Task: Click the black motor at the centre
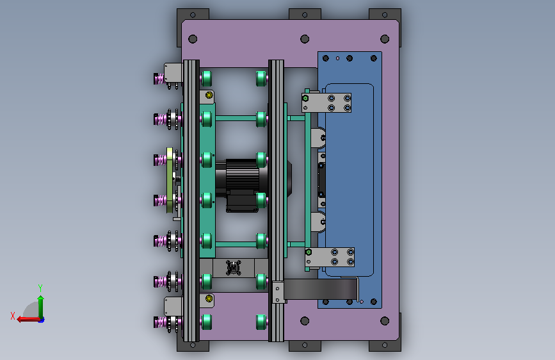pos(241,184)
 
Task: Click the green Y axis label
pos(40,288)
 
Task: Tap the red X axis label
pos(13,316)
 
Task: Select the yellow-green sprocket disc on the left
pos(170,180)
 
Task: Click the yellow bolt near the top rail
pos(209,95)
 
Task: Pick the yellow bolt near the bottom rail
pos(209,299)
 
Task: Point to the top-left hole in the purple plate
pos(193,38)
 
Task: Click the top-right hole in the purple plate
pos(385,38)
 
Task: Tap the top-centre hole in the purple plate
pos(305,38)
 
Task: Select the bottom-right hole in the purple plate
pos(385,321)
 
